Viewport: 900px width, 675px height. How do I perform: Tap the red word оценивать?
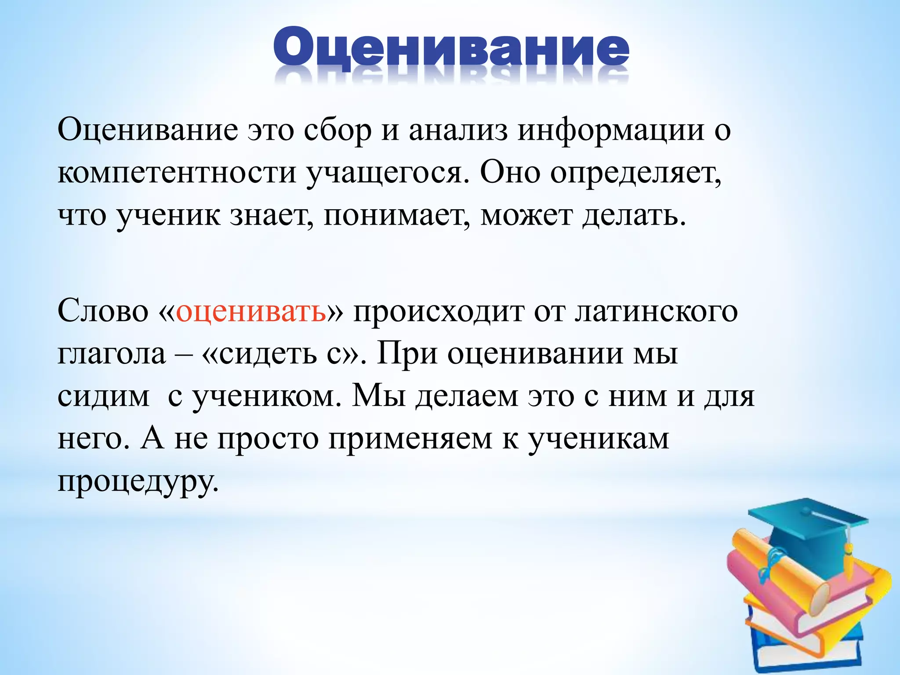251,311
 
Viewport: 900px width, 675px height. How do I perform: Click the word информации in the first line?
610,130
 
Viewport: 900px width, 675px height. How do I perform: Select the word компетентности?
177,173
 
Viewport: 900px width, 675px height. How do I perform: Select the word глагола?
112,354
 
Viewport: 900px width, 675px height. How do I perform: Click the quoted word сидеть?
268,354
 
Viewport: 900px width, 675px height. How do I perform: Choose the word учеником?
266,397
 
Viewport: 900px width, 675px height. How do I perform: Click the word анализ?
457,130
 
